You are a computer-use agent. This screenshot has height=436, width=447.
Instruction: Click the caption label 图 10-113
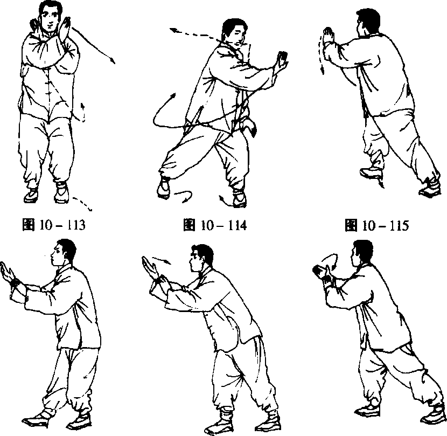54,225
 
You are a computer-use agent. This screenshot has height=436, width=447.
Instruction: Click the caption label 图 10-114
215,225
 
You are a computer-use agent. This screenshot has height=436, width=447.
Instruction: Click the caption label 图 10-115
376,225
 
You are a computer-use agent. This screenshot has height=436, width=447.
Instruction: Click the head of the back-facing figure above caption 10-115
368,22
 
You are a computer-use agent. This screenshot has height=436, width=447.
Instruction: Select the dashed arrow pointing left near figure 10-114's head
194,33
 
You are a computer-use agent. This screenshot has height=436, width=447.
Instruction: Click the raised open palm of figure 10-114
282,61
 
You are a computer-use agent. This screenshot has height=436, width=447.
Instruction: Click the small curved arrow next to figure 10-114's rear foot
184,196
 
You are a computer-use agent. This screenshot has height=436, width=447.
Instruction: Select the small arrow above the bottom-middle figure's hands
162,260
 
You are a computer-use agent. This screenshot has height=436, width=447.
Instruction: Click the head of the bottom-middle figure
201,258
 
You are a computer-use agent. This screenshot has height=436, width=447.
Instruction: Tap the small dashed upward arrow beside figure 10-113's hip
83,112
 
